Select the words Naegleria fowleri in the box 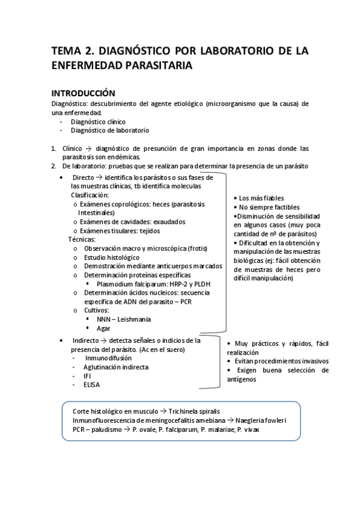(x=260, y=422)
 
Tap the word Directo (x=84, y=177)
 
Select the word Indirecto (x=87, y=340)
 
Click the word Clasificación (x=90, y=195)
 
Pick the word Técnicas (x=82, y=239)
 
